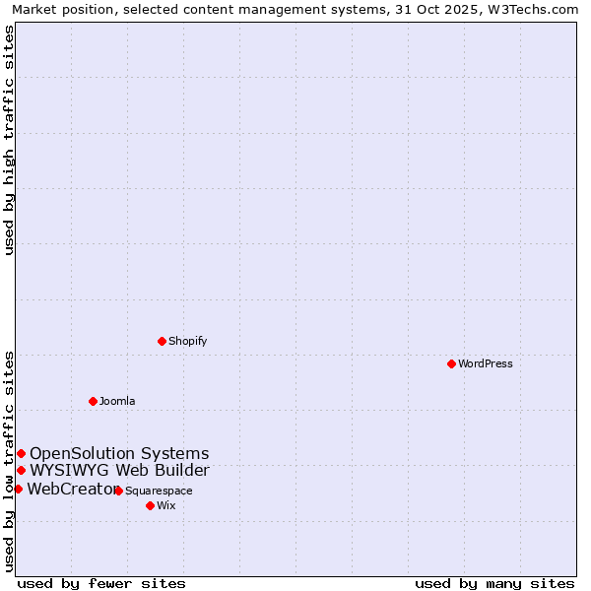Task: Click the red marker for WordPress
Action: (x=451, y=363)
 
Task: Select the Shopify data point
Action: (x=162, y=341)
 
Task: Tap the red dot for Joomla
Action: (x=93, y=401)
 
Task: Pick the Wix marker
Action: (x=150, y=505)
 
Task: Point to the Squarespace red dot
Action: (x=118, y=491)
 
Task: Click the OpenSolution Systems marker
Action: (x=21, y=453)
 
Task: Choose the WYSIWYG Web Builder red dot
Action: (x=21, y=470)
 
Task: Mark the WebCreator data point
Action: (x=18, y=489)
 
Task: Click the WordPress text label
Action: (x=486, y=363)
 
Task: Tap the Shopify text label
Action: (x=187, y=341)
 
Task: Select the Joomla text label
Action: (x=117, y=401)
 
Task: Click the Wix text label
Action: (x=166, y=505)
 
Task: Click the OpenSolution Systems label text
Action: (x=119, y=453)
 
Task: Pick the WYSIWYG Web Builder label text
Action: (x=119, y=470)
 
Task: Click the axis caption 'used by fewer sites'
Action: (x=101, y=583)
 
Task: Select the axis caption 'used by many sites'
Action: (x=494, y=583)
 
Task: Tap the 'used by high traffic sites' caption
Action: (x=9, y=140)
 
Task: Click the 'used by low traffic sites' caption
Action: (x=9, y=461)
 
